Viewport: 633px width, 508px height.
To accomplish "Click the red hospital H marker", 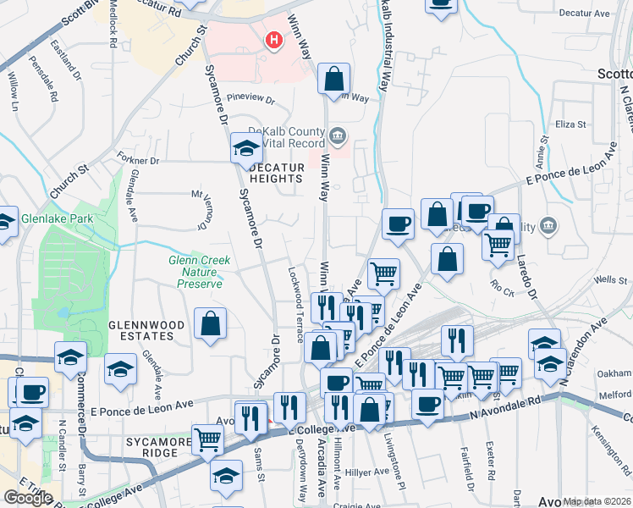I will click(x=273, y=39).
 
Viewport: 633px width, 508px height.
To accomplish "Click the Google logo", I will click(x=27, y=498).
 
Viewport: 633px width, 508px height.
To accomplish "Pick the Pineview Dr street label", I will click(x=251, y=100).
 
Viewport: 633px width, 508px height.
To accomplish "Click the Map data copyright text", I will click(x=597, y=501).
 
